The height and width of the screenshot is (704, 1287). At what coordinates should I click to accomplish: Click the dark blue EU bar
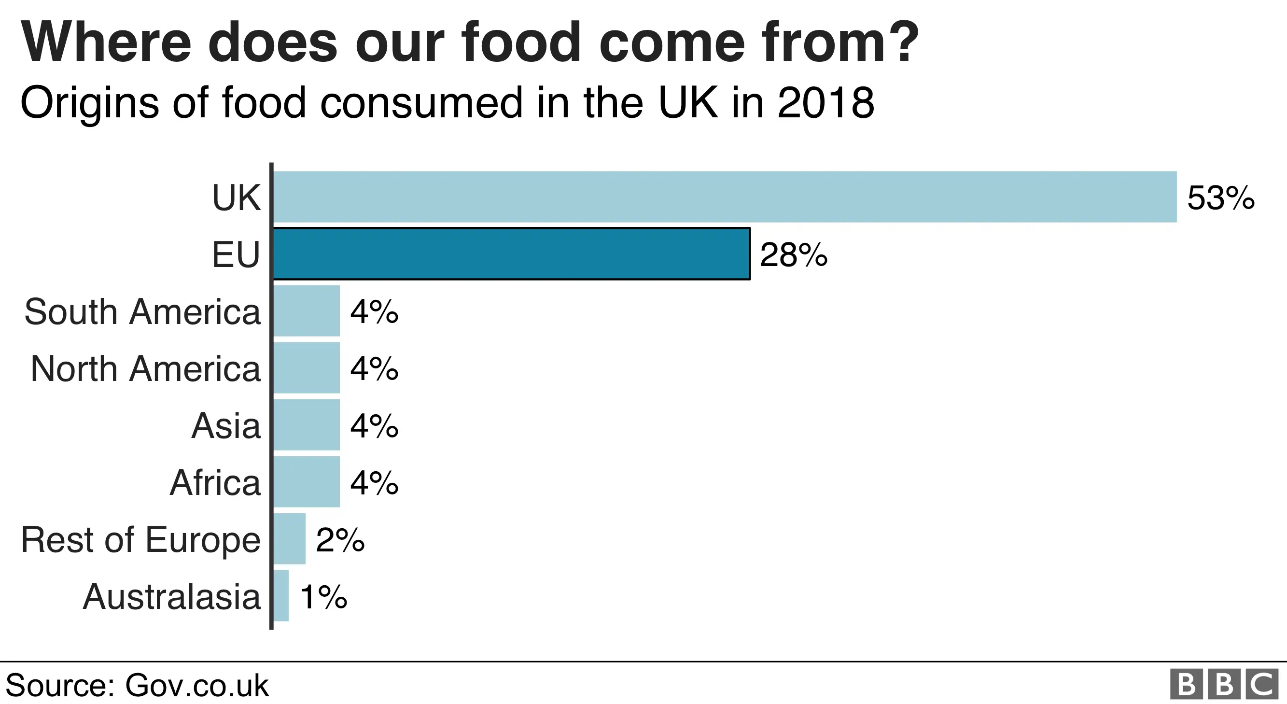click(x=511, y=254)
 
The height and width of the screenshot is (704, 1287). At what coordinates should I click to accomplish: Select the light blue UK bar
click(x=725, y=197)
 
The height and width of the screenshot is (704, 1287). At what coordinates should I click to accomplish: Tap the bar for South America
click(x=306, y=311)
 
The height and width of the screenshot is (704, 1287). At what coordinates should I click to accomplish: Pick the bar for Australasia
click(x=281, y=595)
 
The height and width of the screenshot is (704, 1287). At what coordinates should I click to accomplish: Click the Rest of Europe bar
click(x=289, y=538)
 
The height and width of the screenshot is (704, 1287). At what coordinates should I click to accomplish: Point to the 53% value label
click(x=1220, y=198)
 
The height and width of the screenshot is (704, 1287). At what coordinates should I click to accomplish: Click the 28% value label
click(x=793, y=255)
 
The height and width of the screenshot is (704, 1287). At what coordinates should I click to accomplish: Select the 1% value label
click(x=323, y=597)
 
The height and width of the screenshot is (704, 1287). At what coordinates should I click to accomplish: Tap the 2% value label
click(x=340, y=540)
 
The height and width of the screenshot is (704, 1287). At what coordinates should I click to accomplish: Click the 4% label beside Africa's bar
click(x=374, y=483)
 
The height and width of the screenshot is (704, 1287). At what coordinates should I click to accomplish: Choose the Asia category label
click(x=226, y=426)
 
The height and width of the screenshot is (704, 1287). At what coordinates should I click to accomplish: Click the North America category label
click(x=145, y=369)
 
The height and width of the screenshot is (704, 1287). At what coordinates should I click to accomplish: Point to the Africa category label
click(x=215, y=483)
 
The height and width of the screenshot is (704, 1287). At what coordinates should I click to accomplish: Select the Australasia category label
click(x=171, y=597)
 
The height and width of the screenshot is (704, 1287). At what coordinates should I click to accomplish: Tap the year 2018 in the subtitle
click(x=825, y=103)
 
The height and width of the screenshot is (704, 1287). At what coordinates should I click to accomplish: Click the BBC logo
click(x=1224, y=685)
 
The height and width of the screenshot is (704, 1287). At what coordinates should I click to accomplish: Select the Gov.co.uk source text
click(x=196, y=686)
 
